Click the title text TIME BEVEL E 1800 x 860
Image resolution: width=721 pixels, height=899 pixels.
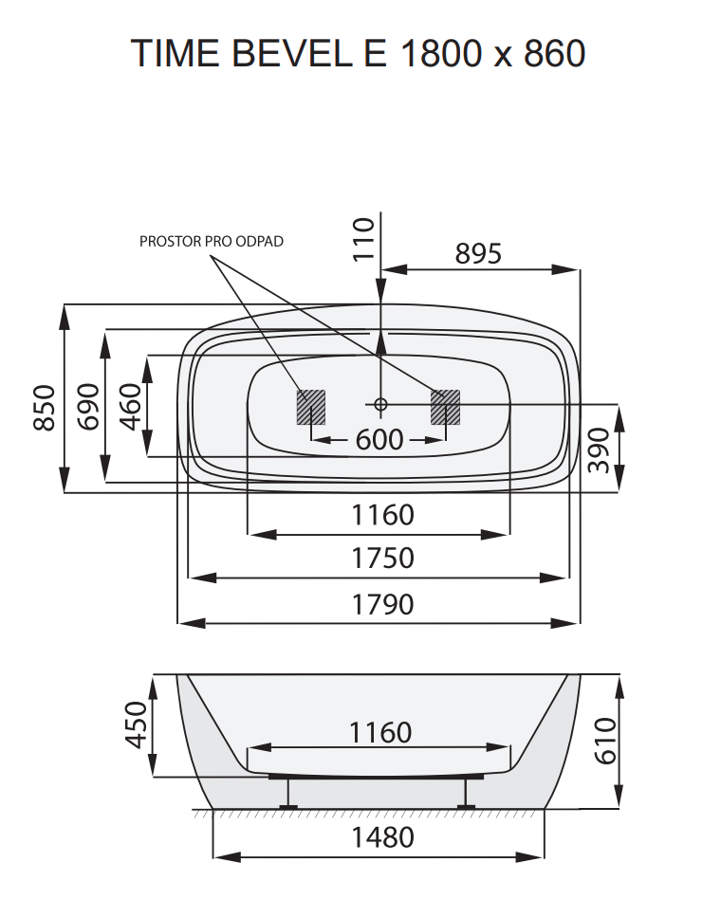[x=359, y=53]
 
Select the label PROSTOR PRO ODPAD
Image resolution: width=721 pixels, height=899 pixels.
[x=212, y=241]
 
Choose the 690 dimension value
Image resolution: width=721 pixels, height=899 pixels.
[x=87, y=408]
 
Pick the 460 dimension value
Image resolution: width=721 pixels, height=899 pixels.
[x=130, y=406]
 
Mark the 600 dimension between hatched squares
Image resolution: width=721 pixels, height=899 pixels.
[x=379, y=440]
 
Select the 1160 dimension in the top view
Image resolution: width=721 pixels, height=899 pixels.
[x=382, y=515]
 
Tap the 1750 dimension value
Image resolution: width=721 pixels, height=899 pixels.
[x=382, y=559]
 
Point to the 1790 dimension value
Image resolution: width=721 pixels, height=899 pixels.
[x=382, y=604]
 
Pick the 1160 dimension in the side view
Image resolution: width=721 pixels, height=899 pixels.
[x=380, y=732]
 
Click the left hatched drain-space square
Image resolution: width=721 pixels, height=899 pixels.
[x=310, y=407]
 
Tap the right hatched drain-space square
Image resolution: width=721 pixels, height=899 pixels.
[x=445, y=407]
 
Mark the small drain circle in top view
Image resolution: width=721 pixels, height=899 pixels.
[x=380, y=405]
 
